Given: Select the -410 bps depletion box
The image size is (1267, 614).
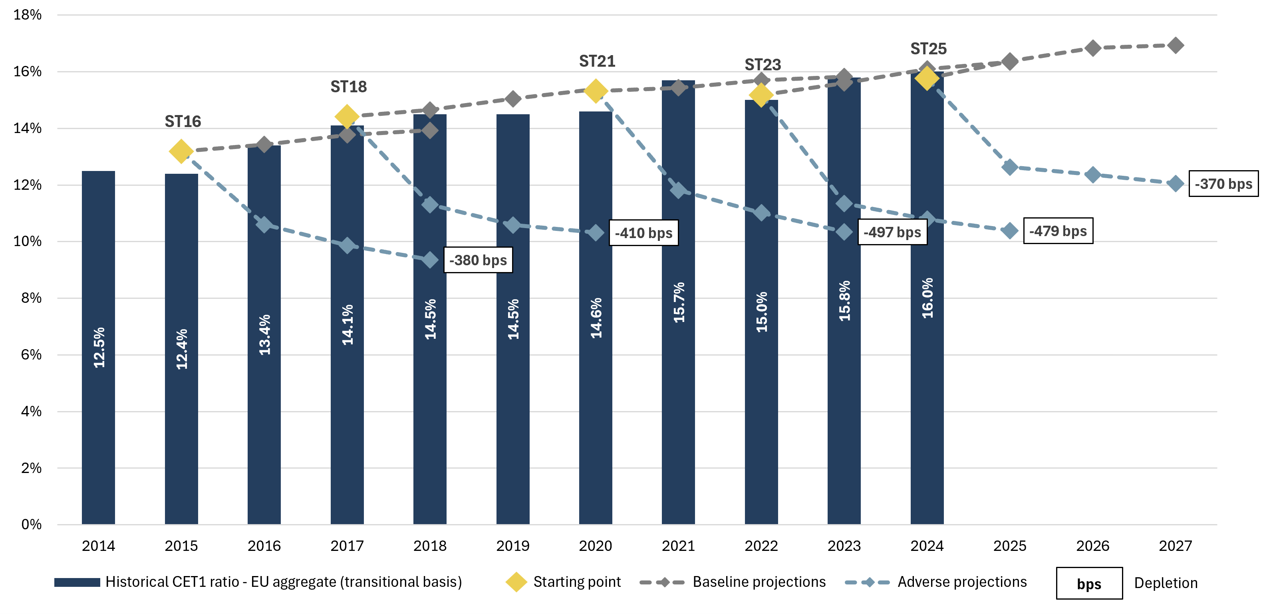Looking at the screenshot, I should point(643,233).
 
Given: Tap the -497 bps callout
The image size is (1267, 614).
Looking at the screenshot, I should point(892,232).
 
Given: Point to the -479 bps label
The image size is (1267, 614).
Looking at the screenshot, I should point(1058,231).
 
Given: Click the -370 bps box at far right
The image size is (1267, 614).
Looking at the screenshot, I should point(1223,184).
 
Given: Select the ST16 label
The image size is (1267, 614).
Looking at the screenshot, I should point(183,121).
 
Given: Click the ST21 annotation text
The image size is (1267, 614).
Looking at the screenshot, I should point(597,61).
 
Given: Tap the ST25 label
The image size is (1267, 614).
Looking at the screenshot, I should point(928,49).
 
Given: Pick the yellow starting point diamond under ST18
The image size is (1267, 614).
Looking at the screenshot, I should point(347,117).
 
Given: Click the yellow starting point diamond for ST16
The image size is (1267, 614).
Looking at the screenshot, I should point(181,151).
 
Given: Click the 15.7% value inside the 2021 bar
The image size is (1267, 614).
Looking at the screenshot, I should point(679,302).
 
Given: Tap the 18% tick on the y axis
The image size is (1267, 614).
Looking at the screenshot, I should point(28,15).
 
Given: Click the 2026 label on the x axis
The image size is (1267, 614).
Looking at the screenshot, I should point(1092,546).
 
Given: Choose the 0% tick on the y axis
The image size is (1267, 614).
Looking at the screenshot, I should point(31,525).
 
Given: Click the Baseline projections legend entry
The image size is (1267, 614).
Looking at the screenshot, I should point(759,582).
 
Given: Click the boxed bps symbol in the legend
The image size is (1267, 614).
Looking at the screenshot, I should point(1089,584).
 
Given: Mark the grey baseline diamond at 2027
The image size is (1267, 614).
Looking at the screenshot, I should point(1176,45).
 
